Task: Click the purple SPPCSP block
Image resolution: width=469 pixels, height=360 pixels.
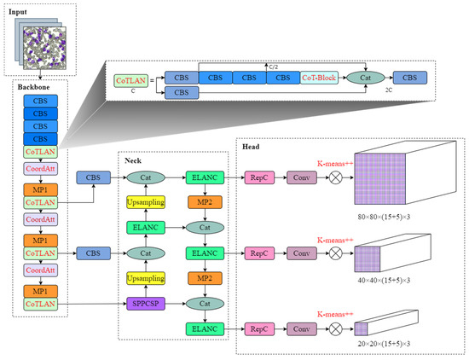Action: tap(145, 302)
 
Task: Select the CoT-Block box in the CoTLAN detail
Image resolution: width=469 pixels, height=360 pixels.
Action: tap(321, 78)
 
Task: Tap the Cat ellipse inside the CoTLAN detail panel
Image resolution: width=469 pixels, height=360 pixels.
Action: tap(365, 78)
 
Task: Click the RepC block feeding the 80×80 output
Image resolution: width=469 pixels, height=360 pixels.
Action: tap(258, 178)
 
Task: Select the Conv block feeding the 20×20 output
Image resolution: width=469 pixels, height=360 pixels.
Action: tap(300, 328)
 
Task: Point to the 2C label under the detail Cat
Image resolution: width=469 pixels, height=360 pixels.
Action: tap(365, 89)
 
